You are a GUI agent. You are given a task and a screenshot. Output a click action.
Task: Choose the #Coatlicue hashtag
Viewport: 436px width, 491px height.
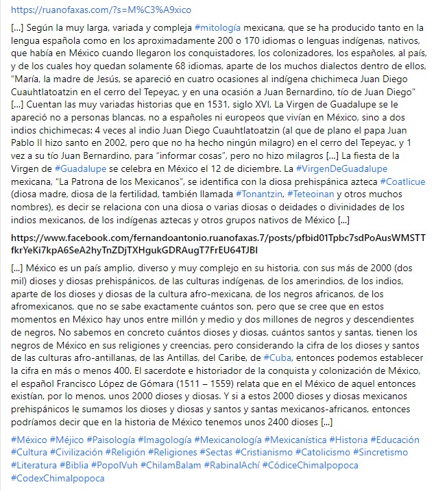(403, 181)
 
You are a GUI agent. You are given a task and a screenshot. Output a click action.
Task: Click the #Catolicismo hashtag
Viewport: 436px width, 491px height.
(323, 452)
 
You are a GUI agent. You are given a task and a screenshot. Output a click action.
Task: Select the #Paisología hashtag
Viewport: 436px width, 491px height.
(114, 439)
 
